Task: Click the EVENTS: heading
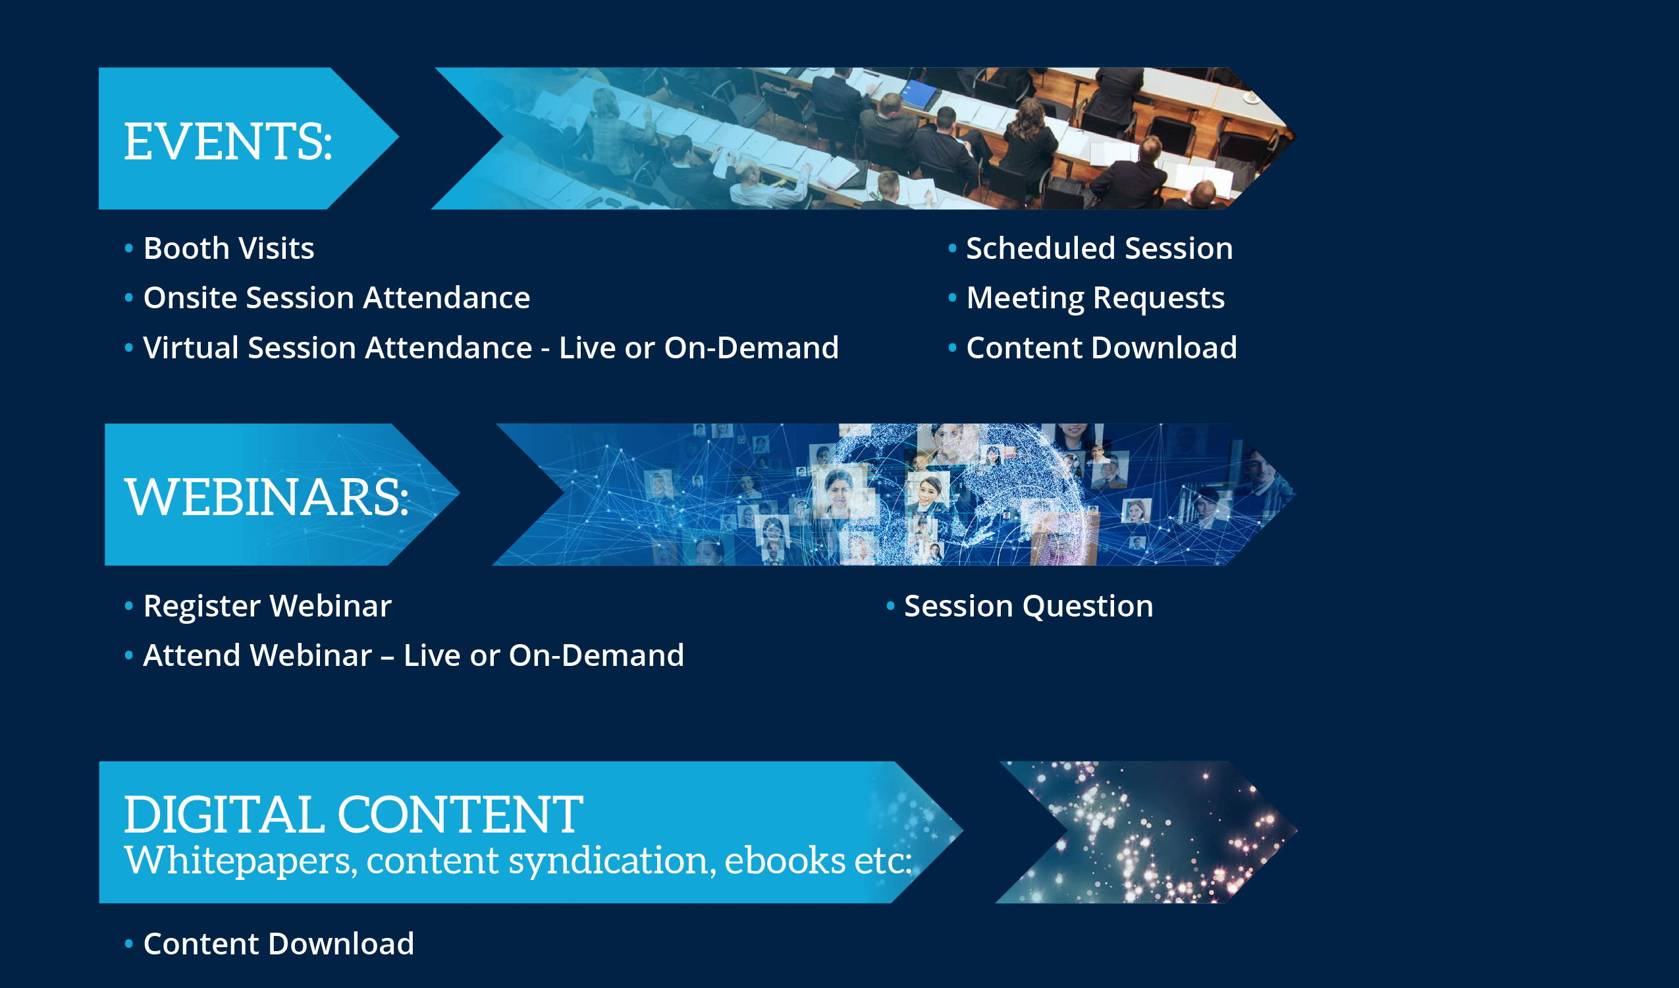(228, 142)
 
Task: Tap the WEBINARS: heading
(267, 497)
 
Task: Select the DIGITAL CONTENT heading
(353, 814)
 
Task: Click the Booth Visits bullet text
(228, 249)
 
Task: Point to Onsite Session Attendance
(336, 298)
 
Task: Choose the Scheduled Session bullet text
(1100, 249)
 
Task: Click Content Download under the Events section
(1102, 348)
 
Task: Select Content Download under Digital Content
(279, 944)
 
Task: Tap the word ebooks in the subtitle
(784, 860)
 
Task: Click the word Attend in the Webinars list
(190, 656)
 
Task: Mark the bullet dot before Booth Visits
(128, 249)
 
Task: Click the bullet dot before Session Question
(890, 606)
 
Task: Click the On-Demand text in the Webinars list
(597, 656)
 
